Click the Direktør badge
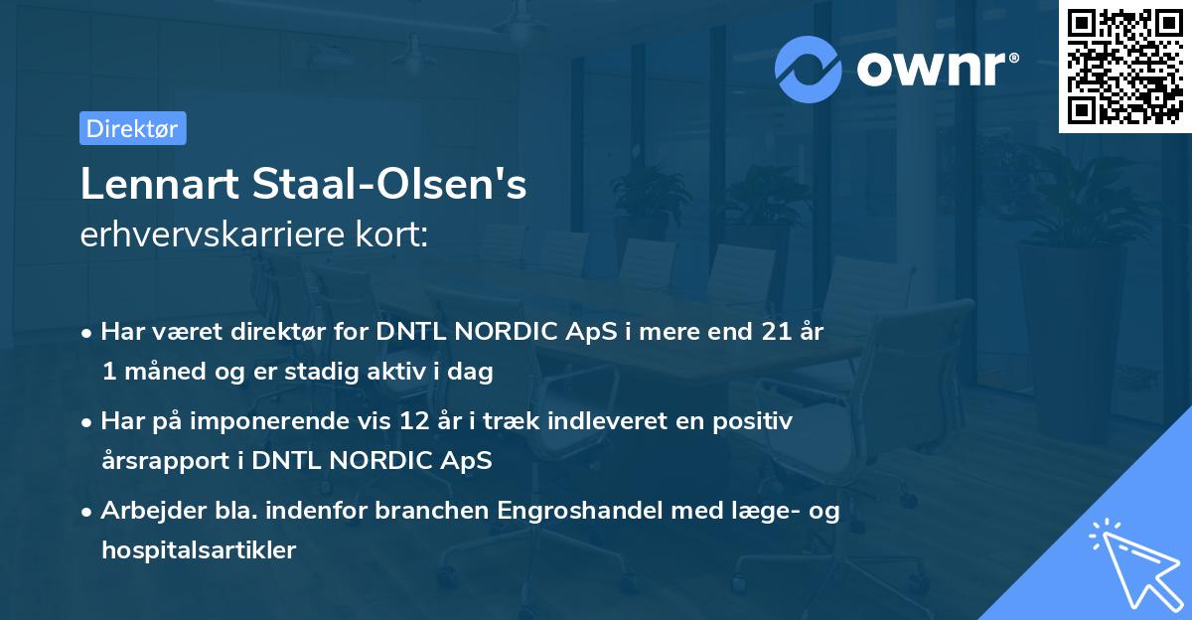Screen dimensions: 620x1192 [x=132, y=128]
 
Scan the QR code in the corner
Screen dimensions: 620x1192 [x=1124, y=66]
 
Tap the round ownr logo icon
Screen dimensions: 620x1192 [x=809, y=69]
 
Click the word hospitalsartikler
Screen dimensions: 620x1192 [x=199, y=549]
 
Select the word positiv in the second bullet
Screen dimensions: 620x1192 [x=758, y=421]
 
